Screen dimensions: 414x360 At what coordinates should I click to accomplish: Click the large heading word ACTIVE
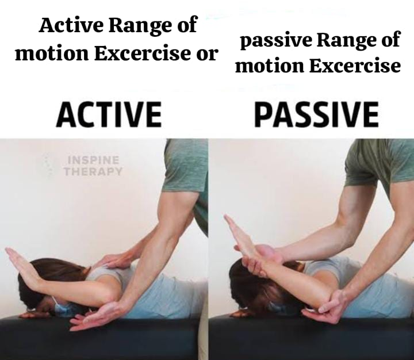click(x=109, y=114)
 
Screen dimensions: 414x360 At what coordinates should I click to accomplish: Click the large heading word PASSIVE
click(x=316, y=114)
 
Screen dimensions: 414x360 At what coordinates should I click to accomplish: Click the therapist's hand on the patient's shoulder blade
click(x=116, y=260)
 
